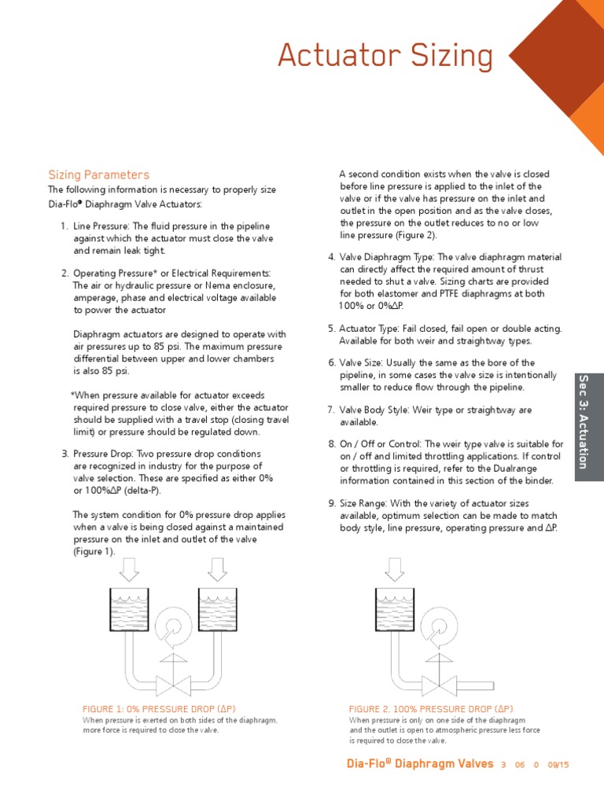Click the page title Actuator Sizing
point(386,57)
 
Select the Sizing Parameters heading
point(98,175)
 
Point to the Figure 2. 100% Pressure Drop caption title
point(431,708)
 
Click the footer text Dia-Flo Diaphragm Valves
point(420,763)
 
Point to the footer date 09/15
point(558,764)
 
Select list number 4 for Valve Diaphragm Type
point(332,256)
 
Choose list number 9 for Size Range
point(332,503)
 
